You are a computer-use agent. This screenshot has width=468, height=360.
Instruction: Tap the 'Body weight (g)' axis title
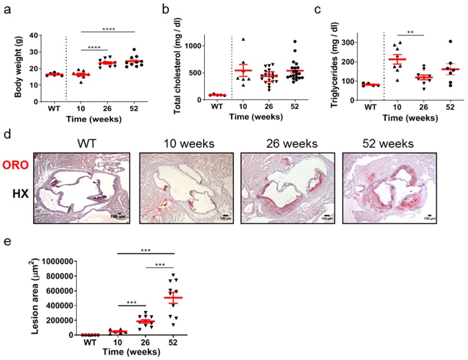click(19, 66)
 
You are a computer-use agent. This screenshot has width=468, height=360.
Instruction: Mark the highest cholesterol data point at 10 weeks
click(243, 40)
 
